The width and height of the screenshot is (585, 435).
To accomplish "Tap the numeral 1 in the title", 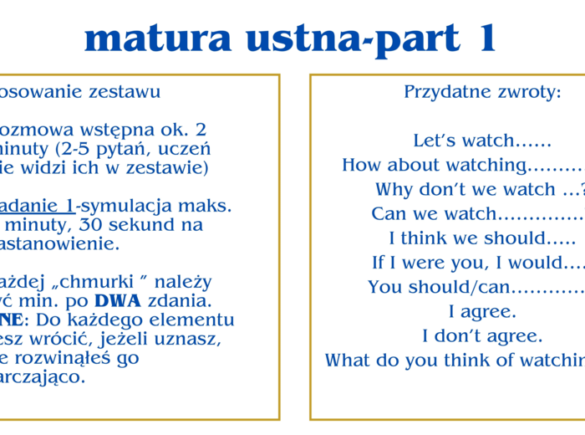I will tap(482, 38).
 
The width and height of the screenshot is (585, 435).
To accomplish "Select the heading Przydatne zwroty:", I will tap(482, 92).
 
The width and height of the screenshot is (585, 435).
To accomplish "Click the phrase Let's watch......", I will tap(481, 141).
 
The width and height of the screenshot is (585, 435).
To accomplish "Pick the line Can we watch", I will tap(476, 213).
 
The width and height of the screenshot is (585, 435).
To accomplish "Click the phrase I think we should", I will tap(482, 238).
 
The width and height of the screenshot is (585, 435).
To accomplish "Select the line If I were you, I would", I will tap(477, 263).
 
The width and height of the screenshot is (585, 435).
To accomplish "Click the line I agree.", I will tap(482, 312).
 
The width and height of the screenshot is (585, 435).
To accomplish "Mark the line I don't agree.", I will tap(482, 336).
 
